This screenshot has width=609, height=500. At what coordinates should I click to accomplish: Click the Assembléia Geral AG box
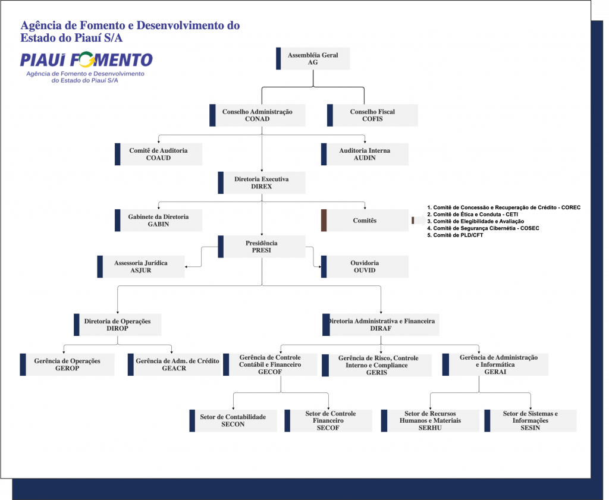[313, 58]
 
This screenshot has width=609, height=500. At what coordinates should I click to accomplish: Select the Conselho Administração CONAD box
[258, 115]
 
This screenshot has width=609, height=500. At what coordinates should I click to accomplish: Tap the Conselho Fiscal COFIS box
[372, 115]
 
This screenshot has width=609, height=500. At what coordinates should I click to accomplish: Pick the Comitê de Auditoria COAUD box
[158, 154]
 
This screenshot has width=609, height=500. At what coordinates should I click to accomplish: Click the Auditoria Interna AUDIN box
[365, 154]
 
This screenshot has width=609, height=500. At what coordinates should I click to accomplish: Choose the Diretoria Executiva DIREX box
[262, 183]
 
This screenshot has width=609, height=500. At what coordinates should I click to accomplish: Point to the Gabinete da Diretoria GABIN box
[158, 221]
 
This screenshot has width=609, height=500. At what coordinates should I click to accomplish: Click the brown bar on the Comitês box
[324, 221]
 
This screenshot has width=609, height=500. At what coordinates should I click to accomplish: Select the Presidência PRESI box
[262, 247]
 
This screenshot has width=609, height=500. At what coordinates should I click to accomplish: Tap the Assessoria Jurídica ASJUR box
[141, 266]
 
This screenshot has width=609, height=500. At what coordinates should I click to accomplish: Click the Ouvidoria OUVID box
[365, 266]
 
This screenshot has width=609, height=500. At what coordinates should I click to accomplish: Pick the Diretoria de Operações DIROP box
[117, 325]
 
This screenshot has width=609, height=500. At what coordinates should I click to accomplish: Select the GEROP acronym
[67, 369]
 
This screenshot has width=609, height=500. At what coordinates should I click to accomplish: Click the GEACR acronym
[174, 369]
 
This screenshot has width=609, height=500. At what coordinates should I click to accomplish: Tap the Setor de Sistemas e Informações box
[530, 420]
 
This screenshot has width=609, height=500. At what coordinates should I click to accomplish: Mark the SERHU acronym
[430, 428]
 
